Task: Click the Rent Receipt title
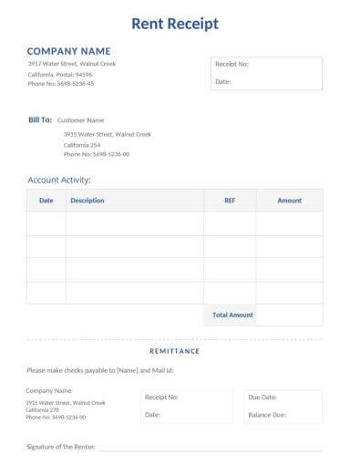pyautogui.click(x=175, y=24)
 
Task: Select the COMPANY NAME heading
pyautogui.click(x=68, y=51)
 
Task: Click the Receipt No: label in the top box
pyautogui.click(x=231, y=64)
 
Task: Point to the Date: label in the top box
pyautogui.click(x=222, y=81)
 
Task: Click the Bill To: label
pyautogui.click(x=40, y=119)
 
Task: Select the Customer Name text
pyautogui.click(x=80, y=119)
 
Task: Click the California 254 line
pyautogui.click(x=82, y=144)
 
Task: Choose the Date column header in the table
pyautogui.click(x=46, y=200)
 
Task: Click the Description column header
pyautogui.click(x=87, y=200)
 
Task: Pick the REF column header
pyautogui.click(x=230, y=200)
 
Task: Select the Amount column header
pyautogui.click(x=289, y=200)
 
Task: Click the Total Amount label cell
pyautogui.click(x=232, y=315)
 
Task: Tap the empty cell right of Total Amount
pyautogui.click(x=289, y=315)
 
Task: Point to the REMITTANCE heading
pyautogui.click(x=174, y=350)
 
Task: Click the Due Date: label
pyautogui.click(x=262, y=398)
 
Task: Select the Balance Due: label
pyautogui.click(x=267, y=415)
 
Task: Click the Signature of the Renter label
pyautogui.click(x=61, y=448)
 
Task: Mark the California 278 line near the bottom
pyautogui.click(x=43, y=409)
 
